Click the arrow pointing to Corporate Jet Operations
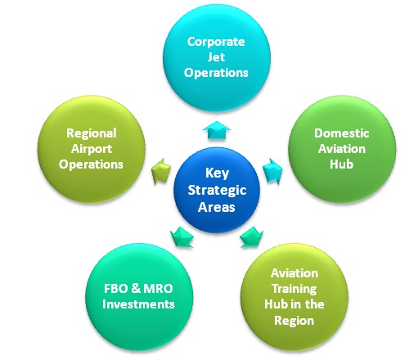tap(217, 130)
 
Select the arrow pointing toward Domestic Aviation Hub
tap(272, 171)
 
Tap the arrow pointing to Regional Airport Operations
tap(161, 171)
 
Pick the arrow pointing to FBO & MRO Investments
tap(182, 237)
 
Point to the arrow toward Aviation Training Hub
tap(252, 237)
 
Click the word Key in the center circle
tap(217, 173)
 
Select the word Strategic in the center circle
tap(217, 191)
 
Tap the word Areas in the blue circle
tap(217, 207)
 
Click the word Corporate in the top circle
tap(216, 42)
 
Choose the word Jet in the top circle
tap(216, 57)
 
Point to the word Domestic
tap(342, 133)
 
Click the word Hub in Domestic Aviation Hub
tap(342, 164)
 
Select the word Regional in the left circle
tap(92, 133)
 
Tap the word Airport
tap(92, 149)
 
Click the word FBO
tap(115, 289)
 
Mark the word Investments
tap(138, 304)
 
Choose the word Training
tap(294, 289)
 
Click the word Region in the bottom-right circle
tap(294, 321)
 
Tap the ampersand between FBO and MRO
tap(136, 289)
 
